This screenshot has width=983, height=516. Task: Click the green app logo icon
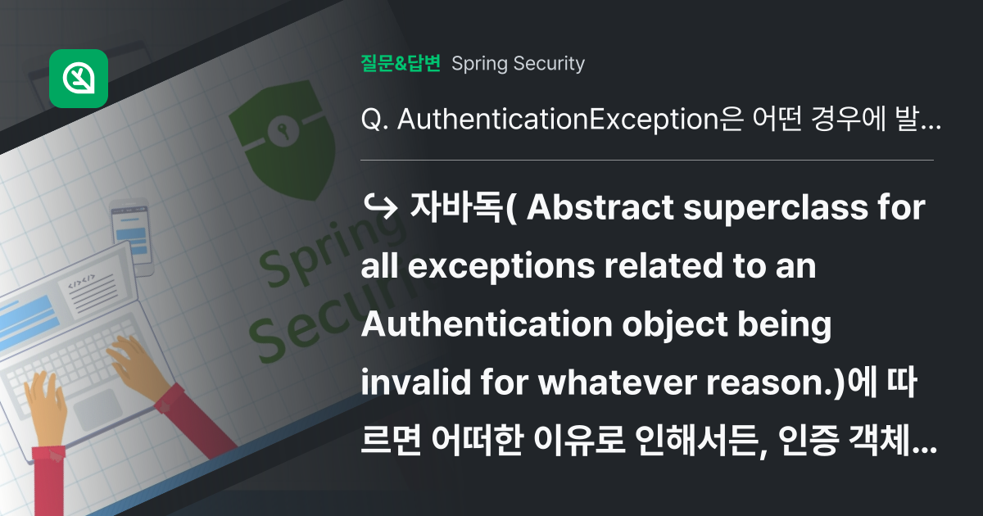coord(79,79)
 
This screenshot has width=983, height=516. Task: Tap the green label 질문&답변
coord(401,64)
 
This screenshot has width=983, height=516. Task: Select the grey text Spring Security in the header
coord(518,64)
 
